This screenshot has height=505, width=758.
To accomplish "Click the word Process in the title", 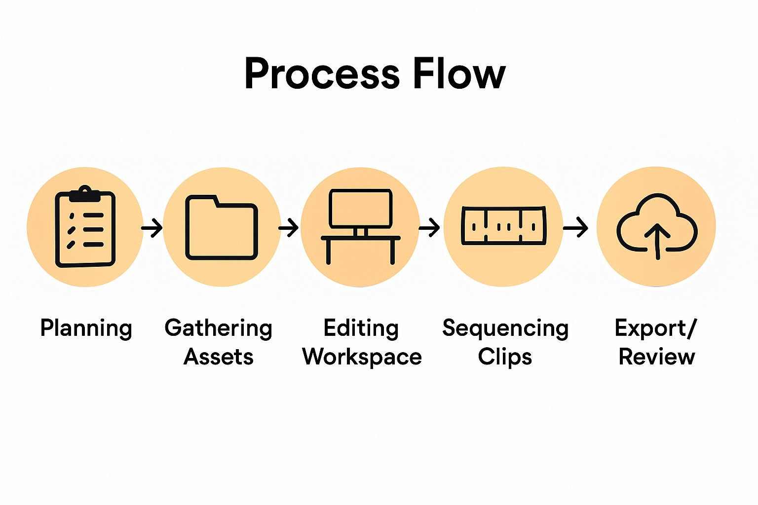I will [322, 74].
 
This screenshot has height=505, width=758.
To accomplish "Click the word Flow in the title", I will [459, 74].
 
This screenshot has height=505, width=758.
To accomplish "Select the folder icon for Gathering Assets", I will [222, 228].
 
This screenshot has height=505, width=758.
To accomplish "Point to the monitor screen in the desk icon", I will [361, 208].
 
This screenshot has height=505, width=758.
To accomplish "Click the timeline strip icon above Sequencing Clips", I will [503, 226].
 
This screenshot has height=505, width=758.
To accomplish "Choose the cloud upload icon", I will [657, 227].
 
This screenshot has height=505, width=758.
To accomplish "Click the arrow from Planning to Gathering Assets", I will [152, 228].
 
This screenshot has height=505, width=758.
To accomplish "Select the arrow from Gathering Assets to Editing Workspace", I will [289, 228].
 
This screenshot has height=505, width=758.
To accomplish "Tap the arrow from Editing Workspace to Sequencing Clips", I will [429, 228].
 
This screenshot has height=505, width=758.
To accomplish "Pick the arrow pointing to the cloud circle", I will [575, 228].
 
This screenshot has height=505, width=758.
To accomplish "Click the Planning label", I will [86, 328].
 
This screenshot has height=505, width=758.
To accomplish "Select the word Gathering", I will [219, 328].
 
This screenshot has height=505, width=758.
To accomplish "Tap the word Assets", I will [219, 357].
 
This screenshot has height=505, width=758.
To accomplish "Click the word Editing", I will [361, 328].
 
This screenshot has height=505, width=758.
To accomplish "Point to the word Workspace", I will [362, 357].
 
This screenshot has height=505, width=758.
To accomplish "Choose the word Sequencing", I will [505, 328].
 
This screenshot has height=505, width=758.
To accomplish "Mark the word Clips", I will [505, 357].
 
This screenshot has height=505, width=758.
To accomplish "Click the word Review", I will [657, 357].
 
